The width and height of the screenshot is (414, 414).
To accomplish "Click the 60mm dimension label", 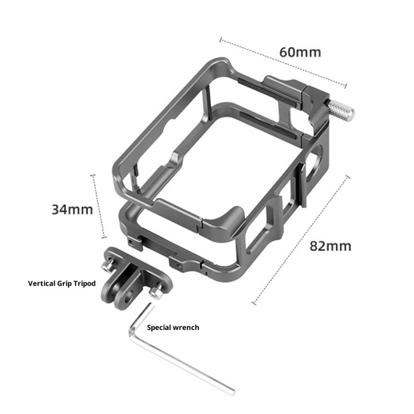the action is coord(300,52).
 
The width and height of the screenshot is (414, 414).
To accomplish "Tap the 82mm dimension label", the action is coord(330,246).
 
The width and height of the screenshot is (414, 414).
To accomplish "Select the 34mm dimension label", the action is coord(72,209).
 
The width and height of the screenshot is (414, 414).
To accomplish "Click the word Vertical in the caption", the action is coord(41,283).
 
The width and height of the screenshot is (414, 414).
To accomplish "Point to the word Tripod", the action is coord(84,284).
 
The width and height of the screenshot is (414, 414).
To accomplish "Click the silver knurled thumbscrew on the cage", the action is coord(341,111).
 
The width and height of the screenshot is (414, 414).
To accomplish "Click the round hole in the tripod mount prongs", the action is coord(129,296).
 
